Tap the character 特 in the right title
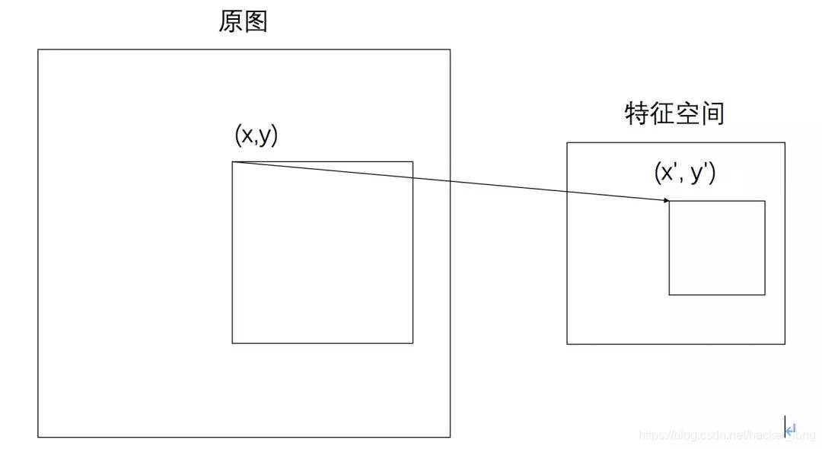pos(636,114)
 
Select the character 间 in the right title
pos(712,114)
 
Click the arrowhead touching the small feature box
pos(667,200)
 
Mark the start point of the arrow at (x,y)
pos(233,162)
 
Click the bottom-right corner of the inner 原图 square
pos(413,343)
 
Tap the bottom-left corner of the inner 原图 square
pos(233,343)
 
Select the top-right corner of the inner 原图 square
pos(413,162)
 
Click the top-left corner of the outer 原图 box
pos(38,50)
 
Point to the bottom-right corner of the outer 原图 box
pos(450,438)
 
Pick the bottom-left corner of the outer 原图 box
pos(38,438)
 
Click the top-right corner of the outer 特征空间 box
pos(785,143)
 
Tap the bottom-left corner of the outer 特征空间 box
pos(567,344)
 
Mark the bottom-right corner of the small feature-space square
pos(765,295)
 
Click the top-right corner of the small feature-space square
pos(765,201)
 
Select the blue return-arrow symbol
pos(791,429)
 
